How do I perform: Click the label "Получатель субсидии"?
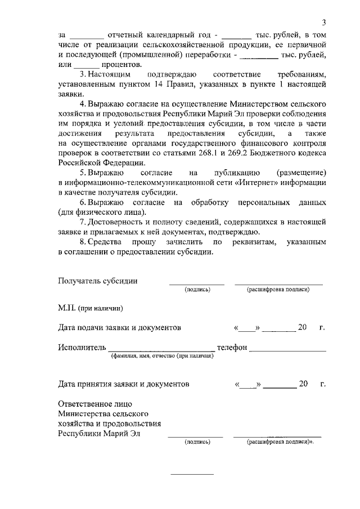pyautogui.click(x=98, y=281)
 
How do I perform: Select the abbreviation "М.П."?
pyautogui.click(x=67, y=308)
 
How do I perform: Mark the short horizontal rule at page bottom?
pyautogui.click(x=192, y=474)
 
